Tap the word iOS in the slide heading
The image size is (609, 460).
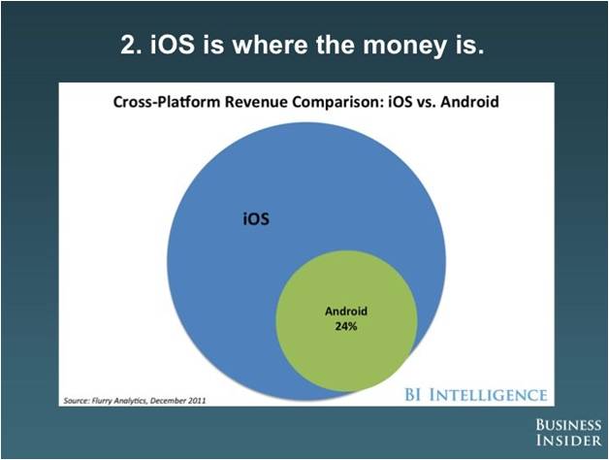[172, 44]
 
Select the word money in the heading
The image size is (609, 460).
[404, 46]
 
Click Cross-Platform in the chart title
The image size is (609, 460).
[167, 102]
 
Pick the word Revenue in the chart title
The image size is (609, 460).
[256, 102]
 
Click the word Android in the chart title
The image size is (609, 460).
[469, 102]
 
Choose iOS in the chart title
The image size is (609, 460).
[400, 102]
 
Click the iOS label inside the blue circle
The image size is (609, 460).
[256, 218]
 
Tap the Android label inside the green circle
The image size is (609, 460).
[346, 312]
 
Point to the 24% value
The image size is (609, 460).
[346, 326]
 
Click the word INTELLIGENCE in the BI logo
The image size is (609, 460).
[489, 395]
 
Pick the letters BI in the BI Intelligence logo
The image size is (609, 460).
[414, 395]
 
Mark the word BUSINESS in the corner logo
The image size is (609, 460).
[568, 425]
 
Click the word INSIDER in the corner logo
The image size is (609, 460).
[569, 441]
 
